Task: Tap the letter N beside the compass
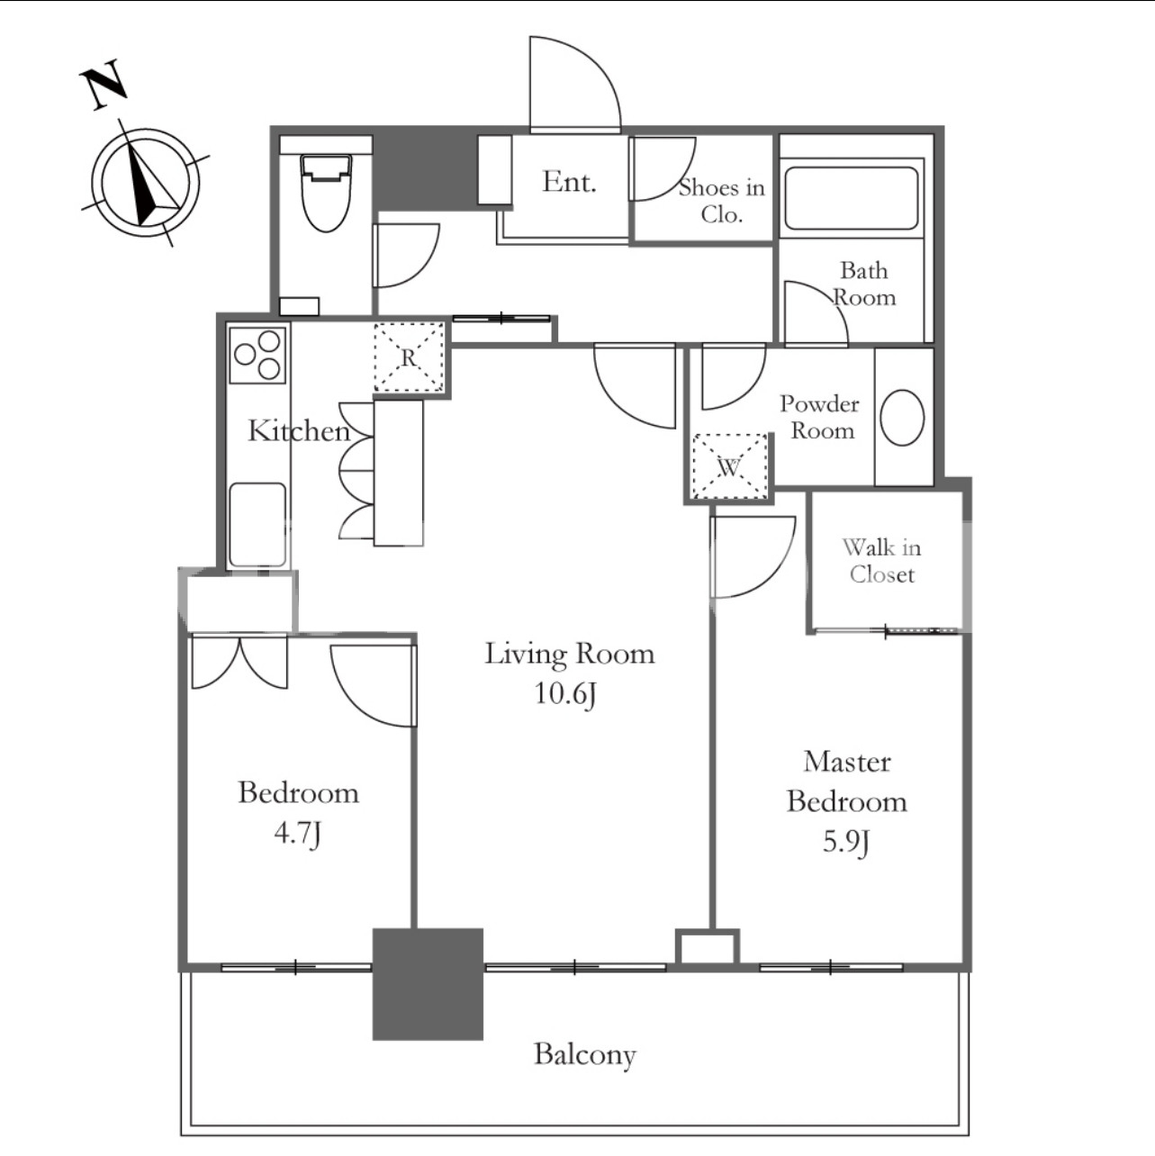click(x=104, y=85)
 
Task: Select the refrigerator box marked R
click(x=410, y=357)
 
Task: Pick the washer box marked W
click(x=729, y=466)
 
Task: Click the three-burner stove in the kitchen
click(x=258, y=355)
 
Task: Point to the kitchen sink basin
click(x=258, y=525)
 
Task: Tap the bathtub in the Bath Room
click(x=852, y=198)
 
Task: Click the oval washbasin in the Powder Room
click(x=902, y=418)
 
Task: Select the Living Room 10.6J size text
click(x=565, y=695)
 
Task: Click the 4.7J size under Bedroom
click(x=298, y=834)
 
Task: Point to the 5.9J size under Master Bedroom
click(x=846, y=843)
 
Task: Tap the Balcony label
click(x=585, y=1054)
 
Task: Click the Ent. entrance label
click(x=570, y=182)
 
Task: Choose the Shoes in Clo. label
click(x=722, y=201)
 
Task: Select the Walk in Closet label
click(x=882, y=561)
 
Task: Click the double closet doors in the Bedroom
click(x=239, y=663)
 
